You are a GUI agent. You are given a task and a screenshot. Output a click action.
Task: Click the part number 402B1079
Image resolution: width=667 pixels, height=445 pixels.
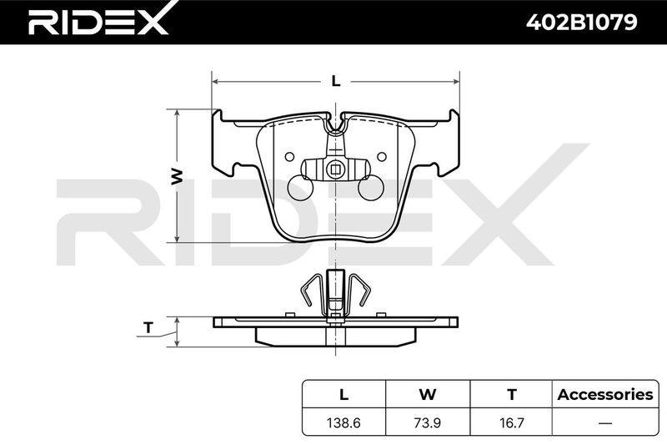(581, 23)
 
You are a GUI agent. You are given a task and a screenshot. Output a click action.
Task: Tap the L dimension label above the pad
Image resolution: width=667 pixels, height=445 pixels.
(336, 81)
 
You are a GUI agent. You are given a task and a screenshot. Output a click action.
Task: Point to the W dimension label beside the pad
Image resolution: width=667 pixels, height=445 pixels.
(177, 176)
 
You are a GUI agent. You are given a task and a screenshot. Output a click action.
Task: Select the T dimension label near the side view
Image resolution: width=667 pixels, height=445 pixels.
(148, 327)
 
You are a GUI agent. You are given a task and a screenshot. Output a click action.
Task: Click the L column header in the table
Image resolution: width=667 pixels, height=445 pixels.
(344, 394)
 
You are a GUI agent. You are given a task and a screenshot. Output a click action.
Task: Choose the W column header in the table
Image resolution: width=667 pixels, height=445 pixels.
(428, 394)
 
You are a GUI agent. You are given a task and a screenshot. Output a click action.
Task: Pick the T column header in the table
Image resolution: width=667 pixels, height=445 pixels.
(512, 394)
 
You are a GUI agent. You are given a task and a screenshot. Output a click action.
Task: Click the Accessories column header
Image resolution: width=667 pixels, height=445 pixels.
(605, 394)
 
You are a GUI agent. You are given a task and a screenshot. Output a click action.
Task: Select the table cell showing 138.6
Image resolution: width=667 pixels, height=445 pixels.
(344, 422)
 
